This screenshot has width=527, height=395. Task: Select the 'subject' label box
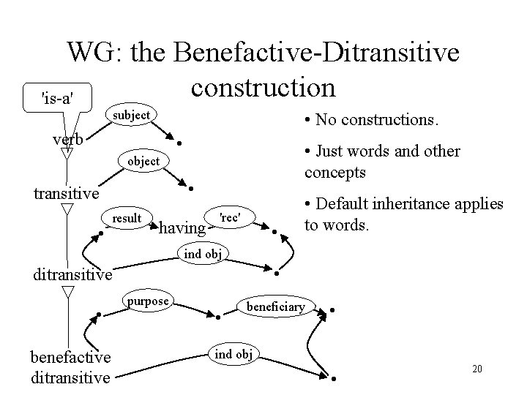pos(130,115)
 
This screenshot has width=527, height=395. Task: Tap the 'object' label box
pos(144,160)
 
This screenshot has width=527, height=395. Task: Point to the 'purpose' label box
pos(148,301)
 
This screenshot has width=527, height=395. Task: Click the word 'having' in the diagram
pos(182,228)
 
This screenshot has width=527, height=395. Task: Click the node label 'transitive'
pos(67,193)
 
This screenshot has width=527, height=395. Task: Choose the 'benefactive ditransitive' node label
pos(70,366)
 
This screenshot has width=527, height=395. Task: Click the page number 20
pos(476,368)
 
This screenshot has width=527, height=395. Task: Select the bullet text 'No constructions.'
pos(370,118)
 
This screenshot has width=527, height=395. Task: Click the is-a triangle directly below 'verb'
pos(67,154)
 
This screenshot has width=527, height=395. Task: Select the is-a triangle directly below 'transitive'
pos(67,209)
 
